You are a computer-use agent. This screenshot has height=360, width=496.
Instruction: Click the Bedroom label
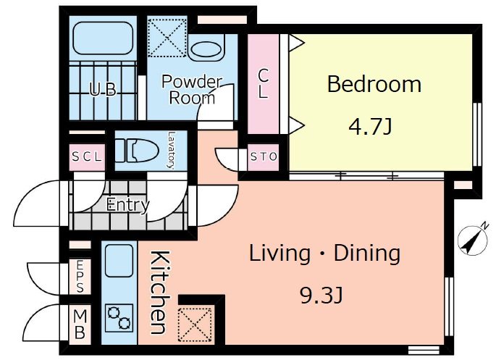click(374, 84)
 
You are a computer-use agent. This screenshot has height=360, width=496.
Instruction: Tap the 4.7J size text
click(370, 127)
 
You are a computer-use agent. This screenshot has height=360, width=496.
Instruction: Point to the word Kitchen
click(159, 293)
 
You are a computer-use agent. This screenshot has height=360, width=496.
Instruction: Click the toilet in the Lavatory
click(137, 150)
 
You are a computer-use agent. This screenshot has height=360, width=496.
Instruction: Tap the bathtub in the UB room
click(103, 38)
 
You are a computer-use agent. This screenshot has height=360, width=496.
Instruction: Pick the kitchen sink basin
click(119, 261)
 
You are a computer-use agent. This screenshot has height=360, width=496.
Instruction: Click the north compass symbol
click(474, 240)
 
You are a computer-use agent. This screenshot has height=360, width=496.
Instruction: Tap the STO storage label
click(264, 156)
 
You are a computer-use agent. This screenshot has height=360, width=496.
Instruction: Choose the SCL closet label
click(88, 156)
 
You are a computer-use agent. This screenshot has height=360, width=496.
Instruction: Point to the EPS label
click(80, 276)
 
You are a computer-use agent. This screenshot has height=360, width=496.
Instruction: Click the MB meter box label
click(80, 324)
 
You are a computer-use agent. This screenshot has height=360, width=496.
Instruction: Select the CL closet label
click(263, 84)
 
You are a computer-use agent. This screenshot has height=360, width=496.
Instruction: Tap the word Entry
click(127, 205)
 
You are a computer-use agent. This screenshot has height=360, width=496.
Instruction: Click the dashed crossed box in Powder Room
click(167, 38)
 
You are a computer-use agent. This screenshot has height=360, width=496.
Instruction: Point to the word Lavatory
click(172, 150)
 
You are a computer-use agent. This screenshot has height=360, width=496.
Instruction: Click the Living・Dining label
click(325, 254)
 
